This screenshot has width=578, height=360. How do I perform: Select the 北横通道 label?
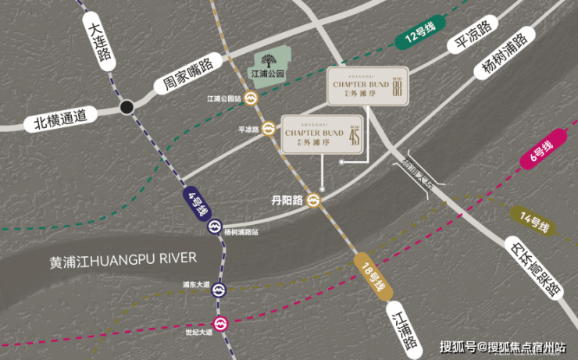[x=65, y=119]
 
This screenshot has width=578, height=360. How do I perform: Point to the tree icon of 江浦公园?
[x=269, y=60]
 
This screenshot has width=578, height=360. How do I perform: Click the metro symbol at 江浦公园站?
[x=251, y=98]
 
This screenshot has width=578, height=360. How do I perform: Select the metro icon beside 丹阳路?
[x=314, y=200]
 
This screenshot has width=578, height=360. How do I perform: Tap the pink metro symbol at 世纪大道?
[x=221, y=322]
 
